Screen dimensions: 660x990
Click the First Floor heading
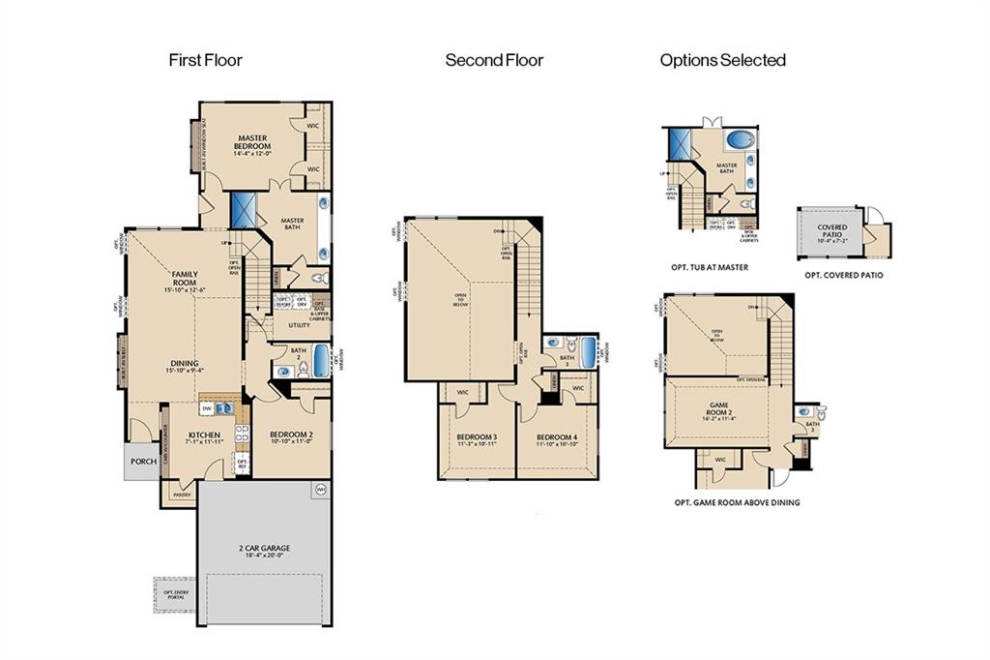[205, 60]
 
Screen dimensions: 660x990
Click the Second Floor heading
[494, 60]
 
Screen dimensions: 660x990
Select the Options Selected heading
[722, 60]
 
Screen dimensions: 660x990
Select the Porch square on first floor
[141, 462]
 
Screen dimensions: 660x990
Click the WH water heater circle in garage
[320, 492]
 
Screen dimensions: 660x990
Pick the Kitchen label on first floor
[204, 437]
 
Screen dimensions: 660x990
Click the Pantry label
[182, 495]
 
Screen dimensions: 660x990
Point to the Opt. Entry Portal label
[175, 595]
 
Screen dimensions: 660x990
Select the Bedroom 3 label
[477, 440]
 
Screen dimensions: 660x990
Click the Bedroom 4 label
[556, 440]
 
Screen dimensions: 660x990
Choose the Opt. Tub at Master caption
[710, 267]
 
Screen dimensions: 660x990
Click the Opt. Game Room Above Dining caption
[737, 502]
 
